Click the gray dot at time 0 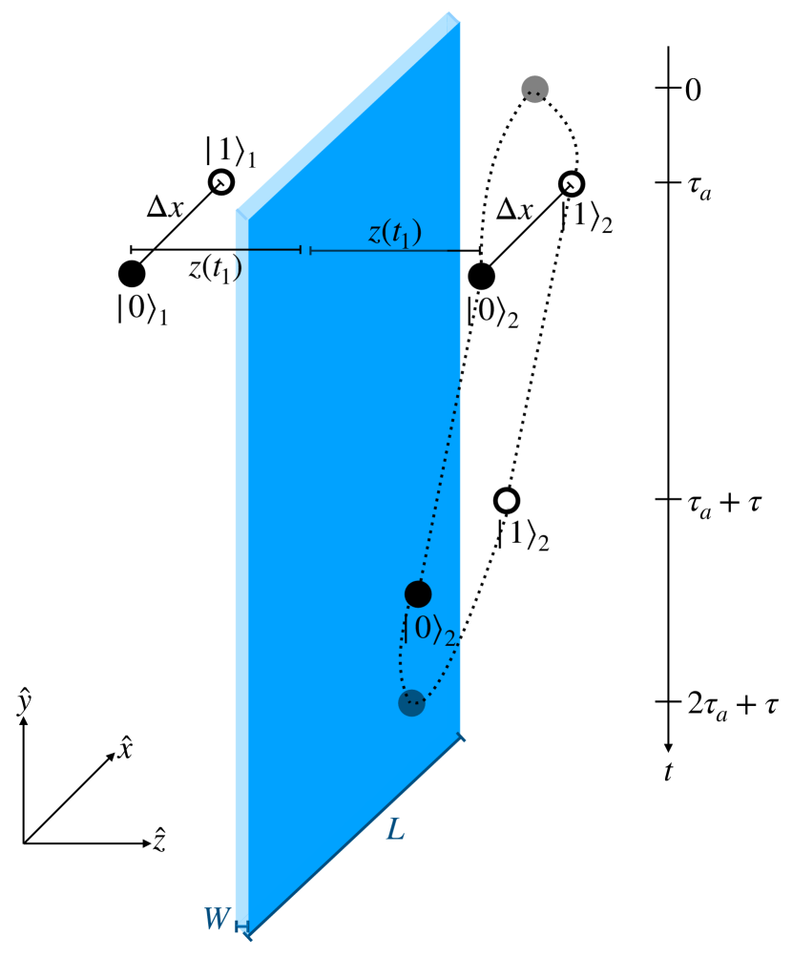[535, 89]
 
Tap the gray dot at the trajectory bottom [411, 703]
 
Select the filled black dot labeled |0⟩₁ [132, 274]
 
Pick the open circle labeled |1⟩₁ [220, 181]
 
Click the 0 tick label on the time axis [694, 91]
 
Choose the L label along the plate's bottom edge [395, 829]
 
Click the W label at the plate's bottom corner [215, 921]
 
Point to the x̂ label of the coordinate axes [124, 749]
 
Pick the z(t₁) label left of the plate [214, 269]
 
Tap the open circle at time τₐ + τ [507, 500]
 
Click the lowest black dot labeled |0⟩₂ [418, 593]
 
